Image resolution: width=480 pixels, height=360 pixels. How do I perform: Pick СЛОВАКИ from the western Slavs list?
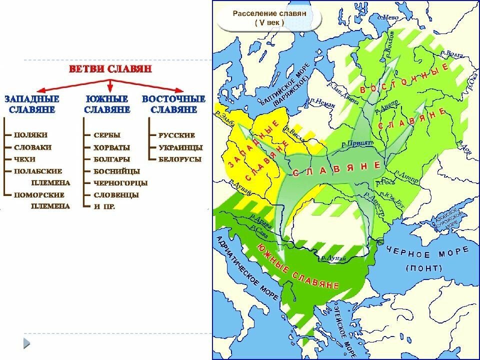33,147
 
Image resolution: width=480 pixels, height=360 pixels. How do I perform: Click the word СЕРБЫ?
107,135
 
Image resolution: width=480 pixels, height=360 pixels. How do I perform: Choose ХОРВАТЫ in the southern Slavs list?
111,147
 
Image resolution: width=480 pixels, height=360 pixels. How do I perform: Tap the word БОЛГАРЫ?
111,159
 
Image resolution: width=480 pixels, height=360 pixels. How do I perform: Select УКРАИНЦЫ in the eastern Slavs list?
180,147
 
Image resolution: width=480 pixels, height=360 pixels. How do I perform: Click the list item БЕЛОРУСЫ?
180,159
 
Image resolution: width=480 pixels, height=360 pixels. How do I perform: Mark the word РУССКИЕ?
176,135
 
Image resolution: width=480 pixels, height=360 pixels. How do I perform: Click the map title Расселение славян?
269,13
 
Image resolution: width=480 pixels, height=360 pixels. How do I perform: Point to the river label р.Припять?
357,143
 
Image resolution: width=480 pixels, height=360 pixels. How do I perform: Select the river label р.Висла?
294,128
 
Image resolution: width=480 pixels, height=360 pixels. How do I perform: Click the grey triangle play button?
26,343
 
